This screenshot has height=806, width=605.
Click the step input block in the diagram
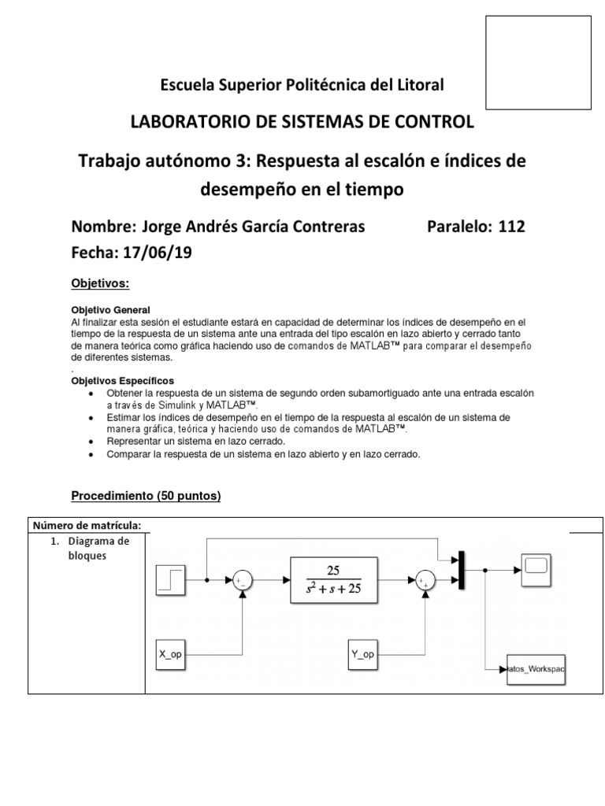170,580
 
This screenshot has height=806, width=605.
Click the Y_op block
363,653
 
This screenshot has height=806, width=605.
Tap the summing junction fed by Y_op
426,581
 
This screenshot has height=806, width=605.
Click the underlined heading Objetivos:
100,283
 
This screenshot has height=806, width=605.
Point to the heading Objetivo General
110,309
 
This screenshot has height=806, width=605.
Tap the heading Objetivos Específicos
123,380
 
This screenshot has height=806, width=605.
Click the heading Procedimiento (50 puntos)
146,496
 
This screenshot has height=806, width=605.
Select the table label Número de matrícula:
87,526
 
